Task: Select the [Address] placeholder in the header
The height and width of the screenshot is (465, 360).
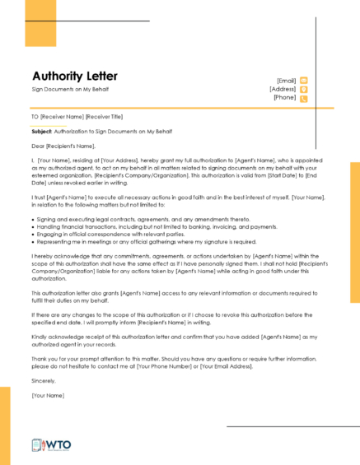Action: (x=283, y=89)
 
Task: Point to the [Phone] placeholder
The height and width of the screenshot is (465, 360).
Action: (x=285, y=98)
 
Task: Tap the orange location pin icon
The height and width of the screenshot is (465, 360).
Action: (x=304, y=89)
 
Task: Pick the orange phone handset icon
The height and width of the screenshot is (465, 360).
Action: (x=304, y=98)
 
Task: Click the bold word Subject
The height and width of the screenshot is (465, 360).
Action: (x=41, y=131)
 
